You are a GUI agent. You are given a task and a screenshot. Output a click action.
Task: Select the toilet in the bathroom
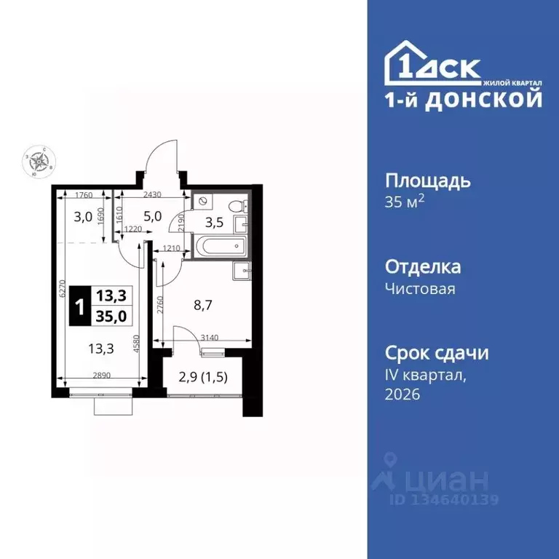(237, 207)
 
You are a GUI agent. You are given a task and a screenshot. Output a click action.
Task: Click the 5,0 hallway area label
(152, 215)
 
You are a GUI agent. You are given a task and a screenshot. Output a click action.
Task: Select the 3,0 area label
(84, 215)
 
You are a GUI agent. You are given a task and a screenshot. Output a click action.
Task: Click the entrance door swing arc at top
(162, 153)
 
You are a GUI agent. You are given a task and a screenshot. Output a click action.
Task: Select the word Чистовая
(420, 288)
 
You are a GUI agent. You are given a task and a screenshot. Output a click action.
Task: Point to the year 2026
(403, 394)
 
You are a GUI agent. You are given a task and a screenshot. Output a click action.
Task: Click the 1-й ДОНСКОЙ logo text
(464, 100)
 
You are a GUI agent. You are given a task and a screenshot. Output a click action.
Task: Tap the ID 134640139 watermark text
(445, 499)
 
